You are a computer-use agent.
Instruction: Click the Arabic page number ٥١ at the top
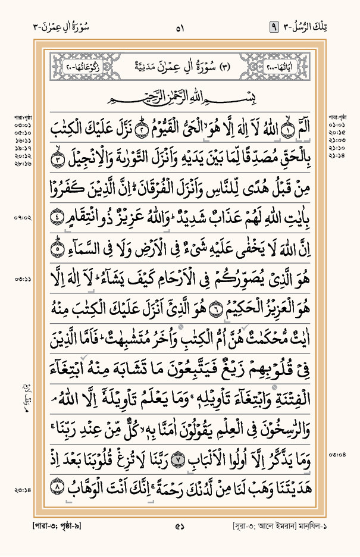point(180,27)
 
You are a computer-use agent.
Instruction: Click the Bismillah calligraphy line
point(180,96)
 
